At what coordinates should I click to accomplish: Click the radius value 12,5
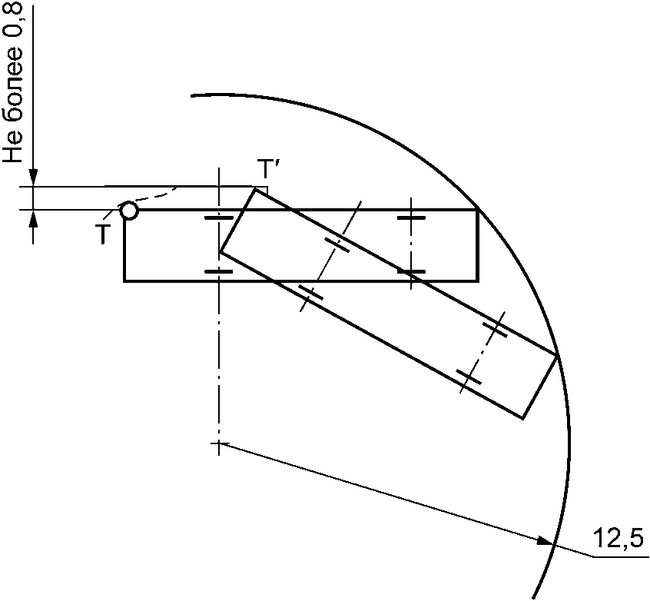[x=618, y=538]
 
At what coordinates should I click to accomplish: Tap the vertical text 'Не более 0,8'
[x=13, y=81]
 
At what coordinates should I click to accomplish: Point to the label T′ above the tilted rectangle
[x=265, y=168]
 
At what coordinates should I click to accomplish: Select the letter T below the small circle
[x=103, y=234]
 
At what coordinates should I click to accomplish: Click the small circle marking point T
[x=129, y=211]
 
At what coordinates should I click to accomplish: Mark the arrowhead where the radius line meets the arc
[x=545, y=540]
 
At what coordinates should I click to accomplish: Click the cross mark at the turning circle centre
[x=218, y=443]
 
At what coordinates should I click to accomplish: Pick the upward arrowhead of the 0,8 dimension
[x=34, y=218]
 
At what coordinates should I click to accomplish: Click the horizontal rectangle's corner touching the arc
[x=479, y=211]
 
